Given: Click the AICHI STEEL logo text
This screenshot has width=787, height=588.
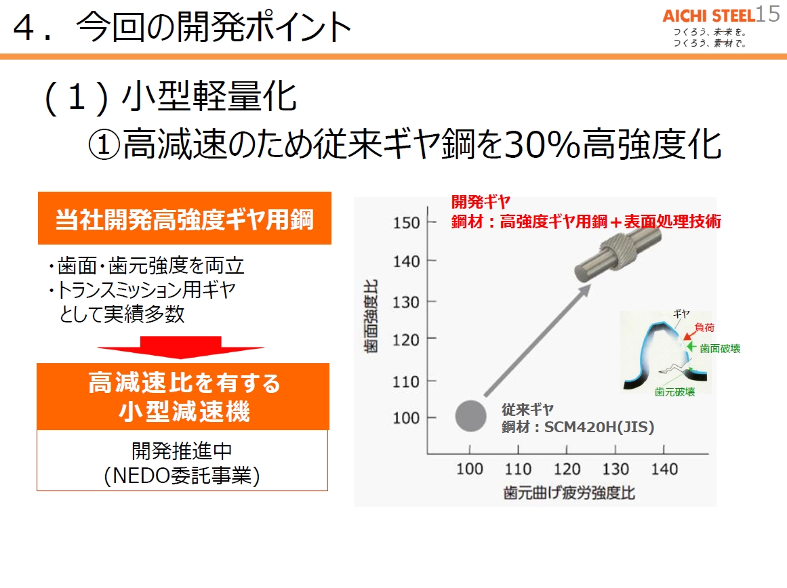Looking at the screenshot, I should (708, 16).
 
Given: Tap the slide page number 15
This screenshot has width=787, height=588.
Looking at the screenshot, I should (768, 14).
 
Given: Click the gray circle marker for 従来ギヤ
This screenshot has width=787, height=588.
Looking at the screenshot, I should (470, 415).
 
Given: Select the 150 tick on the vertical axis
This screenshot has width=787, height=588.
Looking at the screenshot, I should (407, 222).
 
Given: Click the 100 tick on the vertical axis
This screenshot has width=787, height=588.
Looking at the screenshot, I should (407, 417).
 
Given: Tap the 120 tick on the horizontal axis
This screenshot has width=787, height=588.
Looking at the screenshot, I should (567, 469).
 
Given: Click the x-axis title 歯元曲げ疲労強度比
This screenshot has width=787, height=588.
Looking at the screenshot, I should (569, 492).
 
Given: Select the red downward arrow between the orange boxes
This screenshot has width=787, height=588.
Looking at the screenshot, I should (181, 347).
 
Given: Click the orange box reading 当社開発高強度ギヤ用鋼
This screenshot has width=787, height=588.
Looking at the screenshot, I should (184, 218).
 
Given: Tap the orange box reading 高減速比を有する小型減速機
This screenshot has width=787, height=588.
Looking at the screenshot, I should (183, 397).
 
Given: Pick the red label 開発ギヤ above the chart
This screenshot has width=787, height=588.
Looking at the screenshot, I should (481, 202).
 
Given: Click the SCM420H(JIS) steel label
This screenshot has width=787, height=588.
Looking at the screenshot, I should (599, 427).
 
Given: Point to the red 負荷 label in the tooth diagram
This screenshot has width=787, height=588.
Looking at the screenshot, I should (704, 327).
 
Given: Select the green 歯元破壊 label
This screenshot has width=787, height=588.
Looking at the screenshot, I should (674, 392).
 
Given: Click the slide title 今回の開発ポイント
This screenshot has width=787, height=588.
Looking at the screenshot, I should (214, 29).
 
